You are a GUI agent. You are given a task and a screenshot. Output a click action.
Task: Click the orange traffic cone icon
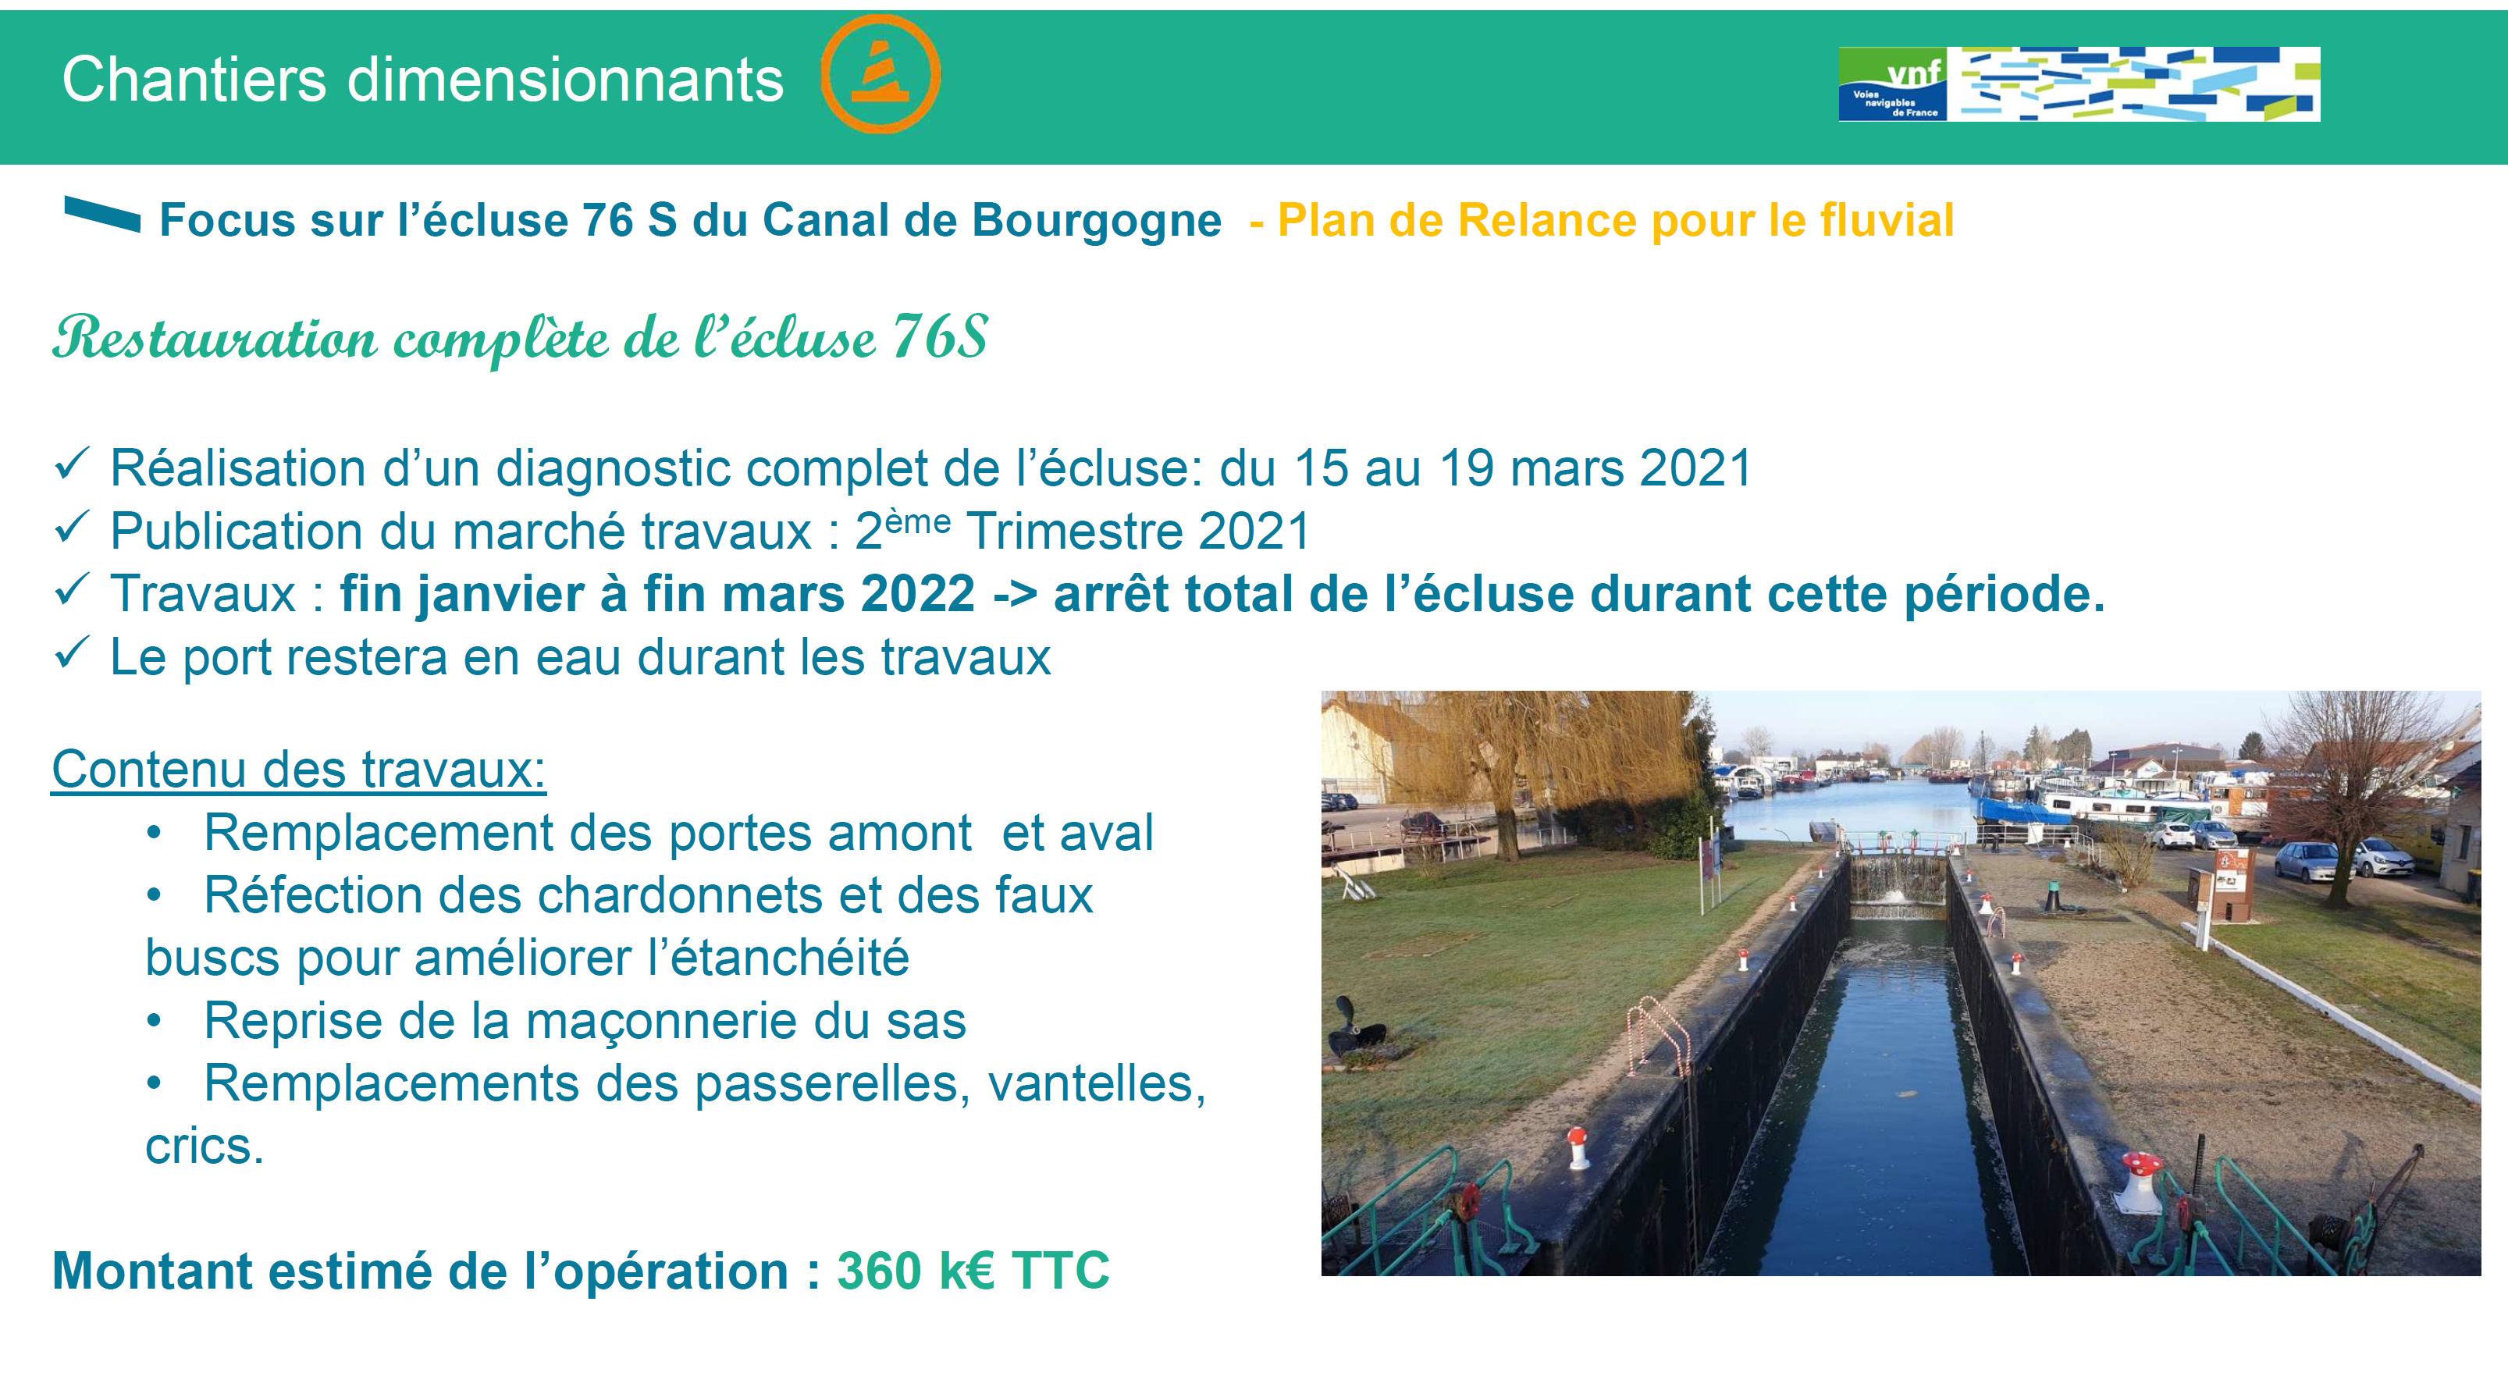tap(880, 74)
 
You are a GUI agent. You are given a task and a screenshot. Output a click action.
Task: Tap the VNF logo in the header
tap(2079, 84)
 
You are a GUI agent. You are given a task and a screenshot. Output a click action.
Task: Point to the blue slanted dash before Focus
tap(102, 214)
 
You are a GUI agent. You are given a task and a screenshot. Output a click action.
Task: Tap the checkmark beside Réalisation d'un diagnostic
tap(72, 464)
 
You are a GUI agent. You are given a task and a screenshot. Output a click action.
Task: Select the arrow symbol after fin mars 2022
tap(1015, 594)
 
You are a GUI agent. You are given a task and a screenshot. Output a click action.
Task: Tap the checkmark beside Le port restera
tap(72, 653)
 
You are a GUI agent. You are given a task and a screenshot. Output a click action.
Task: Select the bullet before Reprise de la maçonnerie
tap(154, 1021)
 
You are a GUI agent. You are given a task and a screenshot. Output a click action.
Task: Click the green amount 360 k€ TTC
tap(973, 1271)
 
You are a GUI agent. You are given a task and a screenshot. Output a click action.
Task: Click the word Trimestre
tap(1075, 532)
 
